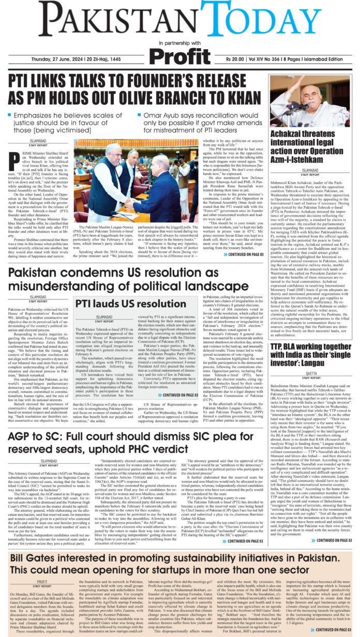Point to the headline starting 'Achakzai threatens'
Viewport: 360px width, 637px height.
[x=310, y=148]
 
